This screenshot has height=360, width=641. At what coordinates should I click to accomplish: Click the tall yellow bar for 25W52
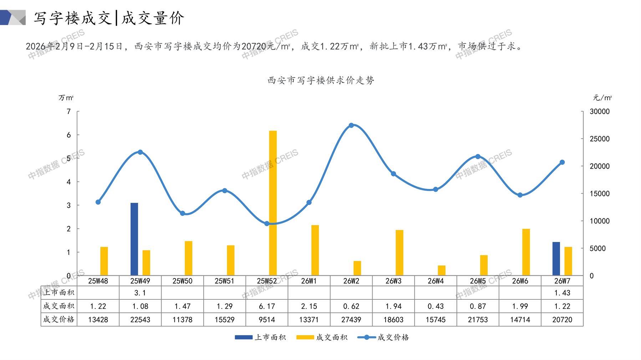click(273, 203)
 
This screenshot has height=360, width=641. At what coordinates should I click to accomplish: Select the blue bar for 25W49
click(134, 239)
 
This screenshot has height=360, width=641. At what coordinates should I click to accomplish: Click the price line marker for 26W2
click(351, 125)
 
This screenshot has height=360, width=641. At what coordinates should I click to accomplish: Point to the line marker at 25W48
click(98, 202)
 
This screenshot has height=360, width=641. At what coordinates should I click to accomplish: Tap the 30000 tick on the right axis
click(600, 112)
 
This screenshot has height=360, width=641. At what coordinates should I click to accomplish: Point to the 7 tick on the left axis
click(68, 112)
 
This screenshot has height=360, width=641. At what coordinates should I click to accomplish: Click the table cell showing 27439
click(351, 320)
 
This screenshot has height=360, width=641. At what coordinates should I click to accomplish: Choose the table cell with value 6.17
click(267, 306)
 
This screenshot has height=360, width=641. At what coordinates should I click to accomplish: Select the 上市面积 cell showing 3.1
click(140, 293)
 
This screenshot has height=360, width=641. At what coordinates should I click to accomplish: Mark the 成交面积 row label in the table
click(59, 306)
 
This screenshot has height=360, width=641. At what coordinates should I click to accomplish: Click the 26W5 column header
click(478, 281)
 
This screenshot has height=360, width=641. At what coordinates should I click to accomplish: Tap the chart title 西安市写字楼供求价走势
click(321, 81)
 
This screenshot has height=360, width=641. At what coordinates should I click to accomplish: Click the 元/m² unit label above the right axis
click(602, 98)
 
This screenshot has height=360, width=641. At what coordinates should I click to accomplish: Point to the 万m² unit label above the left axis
click(66, 98)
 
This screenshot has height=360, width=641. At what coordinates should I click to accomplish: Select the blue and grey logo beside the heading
click(13, 17)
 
